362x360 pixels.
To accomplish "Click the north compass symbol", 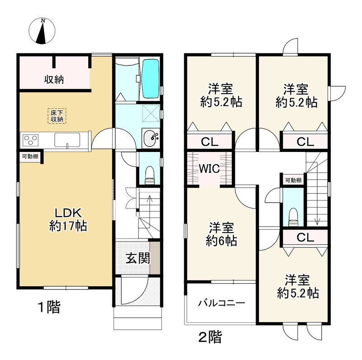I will click(43, 31).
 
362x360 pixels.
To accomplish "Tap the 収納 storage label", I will click(53, 80).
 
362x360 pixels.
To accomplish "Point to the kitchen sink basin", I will click(67, 140).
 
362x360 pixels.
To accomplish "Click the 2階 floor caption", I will click(210, 337).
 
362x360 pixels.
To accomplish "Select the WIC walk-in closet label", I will click(210, 169).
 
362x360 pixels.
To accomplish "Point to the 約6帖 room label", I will click(221, 234).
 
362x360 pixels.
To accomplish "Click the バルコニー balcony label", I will click(221, 303).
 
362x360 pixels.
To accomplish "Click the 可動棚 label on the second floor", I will click(293, 180).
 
